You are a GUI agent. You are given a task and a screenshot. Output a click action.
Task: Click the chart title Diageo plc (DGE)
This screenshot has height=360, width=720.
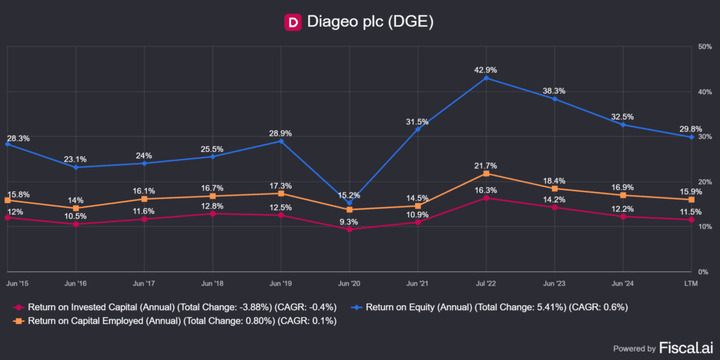click(370, 22)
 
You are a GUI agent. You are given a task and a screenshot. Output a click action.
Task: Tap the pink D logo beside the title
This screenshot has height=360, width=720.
click(292, 22)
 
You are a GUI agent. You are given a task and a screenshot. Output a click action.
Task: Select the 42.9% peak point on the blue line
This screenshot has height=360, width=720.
click(486, 78)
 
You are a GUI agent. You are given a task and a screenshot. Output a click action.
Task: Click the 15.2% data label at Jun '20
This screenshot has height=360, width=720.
click(349, 195)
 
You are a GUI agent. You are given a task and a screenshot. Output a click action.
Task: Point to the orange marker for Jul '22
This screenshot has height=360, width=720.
click(486, 174)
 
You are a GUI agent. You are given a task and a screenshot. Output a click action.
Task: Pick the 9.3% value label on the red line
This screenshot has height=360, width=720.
click(349, 221)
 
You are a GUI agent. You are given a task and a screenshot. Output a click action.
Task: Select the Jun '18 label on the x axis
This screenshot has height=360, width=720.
click(212, 283)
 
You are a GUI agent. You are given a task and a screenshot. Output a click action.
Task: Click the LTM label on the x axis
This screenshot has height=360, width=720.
click(692, 283)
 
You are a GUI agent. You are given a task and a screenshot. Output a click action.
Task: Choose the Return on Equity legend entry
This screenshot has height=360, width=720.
click(491, 307)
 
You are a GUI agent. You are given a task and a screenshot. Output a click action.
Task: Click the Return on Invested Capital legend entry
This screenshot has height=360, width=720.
click(176, 307)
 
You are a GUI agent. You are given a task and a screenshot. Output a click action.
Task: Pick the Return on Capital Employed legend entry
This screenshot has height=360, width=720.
click(176, 321)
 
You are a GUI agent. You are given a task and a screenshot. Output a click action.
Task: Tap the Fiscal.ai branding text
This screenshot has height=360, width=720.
click(685, 347)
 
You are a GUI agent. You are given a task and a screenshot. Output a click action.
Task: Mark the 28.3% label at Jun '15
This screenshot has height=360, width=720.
click(18, 139)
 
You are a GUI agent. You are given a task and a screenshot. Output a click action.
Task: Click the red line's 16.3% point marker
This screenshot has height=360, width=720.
click(486, 198)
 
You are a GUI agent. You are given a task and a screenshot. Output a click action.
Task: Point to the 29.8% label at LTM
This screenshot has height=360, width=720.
click(692, 129)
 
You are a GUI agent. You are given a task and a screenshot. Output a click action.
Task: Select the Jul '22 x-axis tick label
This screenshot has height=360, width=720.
click(486, 283)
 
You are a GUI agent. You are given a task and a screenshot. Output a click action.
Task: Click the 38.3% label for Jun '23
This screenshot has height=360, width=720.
click(554, 91)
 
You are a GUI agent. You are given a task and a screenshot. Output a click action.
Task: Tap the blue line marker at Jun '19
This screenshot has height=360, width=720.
click(281, 141)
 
